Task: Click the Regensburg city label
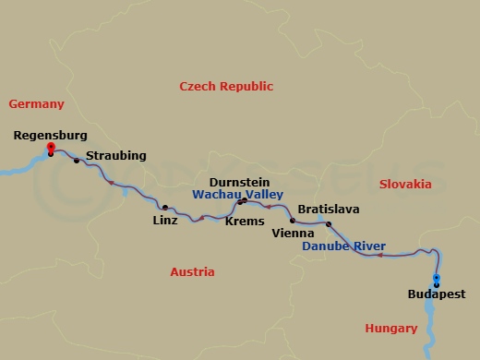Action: [x=51, y=135]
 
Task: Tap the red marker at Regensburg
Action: [x=50, y=148]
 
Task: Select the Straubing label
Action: [x=115, y=156]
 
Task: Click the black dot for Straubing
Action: [x=77, y=161]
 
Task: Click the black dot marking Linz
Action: [x=165, y=208]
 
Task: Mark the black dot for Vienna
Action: [x=293, y=221]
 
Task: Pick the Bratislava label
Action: [x=328, y=210]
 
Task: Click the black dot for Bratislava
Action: [x=329, y=223]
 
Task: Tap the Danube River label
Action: [x=344, y=246]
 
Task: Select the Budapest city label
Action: [x=436, y=295]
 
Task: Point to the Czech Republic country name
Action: [x=226, y=86]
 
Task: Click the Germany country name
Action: [x=36, y=104]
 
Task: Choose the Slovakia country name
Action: [x=405, y=184]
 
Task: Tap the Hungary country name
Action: [x=391, y=328]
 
